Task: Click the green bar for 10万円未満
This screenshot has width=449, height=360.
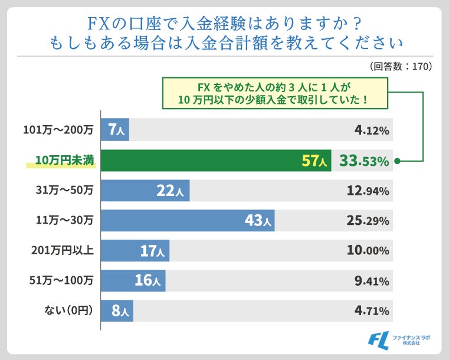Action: coord(216,161)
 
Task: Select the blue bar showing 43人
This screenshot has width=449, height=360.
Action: coord(188,221)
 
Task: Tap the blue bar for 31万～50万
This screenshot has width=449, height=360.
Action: coord(145,191)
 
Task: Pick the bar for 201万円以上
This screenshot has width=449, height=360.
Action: coord(135,251)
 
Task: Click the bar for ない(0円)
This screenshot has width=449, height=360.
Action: coord(117,310)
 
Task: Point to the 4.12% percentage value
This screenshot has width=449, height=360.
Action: coord(372,130)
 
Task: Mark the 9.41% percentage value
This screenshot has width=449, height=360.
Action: coord(372,281)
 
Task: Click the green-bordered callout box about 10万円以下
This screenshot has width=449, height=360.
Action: coord(275,93)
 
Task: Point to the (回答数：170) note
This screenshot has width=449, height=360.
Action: coord(401,66)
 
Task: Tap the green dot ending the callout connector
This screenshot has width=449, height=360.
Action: coord(398,161)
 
